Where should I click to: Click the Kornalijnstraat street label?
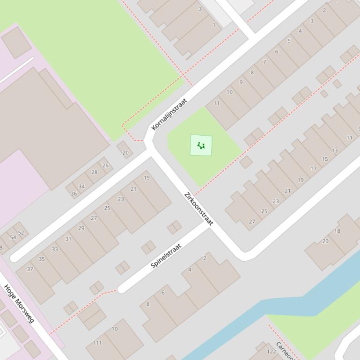[169, 114]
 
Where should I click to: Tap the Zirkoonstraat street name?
[198, 209]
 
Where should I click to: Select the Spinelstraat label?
[166, 256]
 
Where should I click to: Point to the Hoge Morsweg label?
[19, 303]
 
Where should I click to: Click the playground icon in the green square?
[201, 145]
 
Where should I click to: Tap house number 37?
[30, 269]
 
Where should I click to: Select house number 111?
[97, 343]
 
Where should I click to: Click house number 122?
[271, 352]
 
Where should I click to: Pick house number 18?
[337, 230]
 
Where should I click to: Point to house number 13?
[334, 151]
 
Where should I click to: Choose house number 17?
[314, 169]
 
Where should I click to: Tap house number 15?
[325, 159]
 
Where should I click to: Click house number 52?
[21, 232]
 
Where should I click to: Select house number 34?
[81, 187]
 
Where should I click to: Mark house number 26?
[105, 166]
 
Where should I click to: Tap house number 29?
[81, 228]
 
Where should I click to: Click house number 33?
[55, 249]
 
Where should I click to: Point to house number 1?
[214, 25]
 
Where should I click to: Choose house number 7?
[264, 62]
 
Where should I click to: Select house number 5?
[289, 41]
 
